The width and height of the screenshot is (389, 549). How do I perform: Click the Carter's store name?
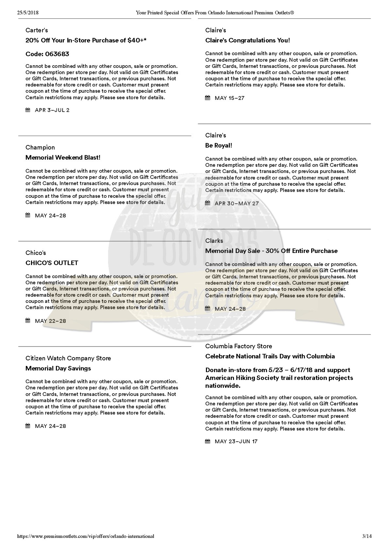[x=37, y=30]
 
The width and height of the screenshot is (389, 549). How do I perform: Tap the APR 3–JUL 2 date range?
[x=52, y=110]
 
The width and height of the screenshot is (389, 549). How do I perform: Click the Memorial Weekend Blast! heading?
[x=63, y=158]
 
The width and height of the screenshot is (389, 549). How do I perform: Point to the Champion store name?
[x=40, y=148]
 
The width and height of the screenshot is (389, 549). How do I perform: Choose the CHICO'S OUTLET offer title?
[x=52, y=263]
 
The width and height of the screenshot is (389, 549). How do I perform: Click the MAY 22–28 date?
[x=50, y=321]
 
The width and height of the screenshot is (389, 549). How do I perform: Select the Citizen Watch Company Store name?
[x=68, y=358]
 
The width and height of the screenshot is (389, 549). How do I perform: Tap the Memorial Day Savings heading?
[x=58, y=369]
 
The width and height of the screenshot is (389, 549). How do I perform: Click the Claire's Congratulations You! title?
[x=247, y=40]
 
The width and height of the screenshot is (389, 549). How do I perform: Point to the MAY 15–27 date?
[x=229, y=98]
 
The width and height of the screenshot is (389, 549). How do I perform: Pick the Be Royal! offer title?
[x=219, y=146]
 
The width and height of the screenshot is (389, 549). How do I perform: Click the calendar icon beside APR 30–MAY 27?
[x=208, y=203]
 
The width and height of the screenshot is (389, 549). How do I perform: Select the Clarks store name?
[x=214, y=241]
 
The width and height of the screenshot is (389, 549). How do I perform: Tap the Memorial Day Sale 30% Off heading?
[x=271, y=251]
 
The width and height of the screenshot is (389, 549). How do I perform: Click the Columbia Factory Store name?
[x=239, y=346]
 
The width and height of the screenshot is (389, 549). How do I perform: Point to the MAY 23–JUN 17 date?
[x=236, y=442]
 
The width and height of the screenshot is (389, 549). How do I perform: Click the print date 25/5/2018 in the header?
[x=27, y=13]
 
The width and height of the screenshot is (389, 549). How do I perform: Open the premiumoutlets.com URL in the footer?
[x=85, y=536]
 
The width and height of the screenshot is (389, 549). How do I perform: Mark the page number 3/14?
[x=367, y=536]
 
